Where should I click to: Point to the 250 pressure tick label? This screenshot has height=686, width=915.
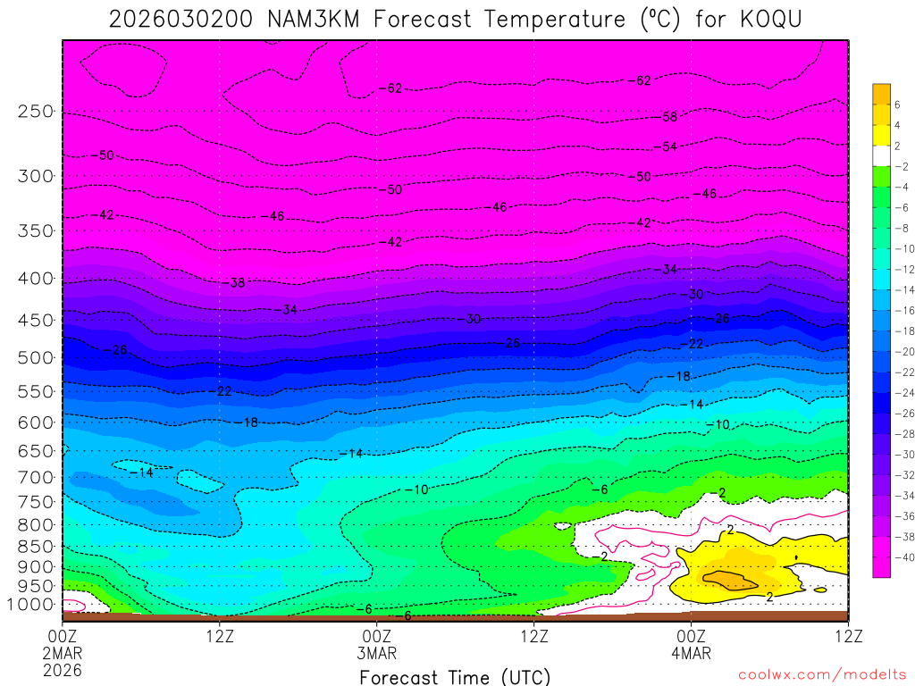coord(36,112)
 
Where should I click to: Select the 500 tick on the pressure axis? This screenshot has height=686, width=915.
coord(36,358)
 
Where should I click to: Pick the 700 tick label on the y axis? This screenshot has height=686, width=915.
coord(36,477)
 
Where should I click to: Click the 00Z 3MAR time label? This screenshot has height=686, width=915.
coord(377,644)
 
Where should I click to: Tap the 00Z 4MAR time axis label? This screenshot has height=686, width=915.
coord(691,644)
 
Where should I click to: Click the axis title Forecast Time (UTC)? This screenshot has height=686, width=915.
coord(455,677)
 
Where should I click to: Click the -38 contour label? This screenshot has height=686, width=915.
coord(235,283)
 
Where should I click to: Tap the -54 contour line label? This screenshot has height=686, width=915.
coord(666,146)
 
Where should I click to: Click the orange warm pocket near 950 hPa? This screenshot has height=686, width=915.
coord(731,579)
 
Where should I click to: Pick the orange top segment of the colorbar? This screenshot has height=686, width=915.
coord(881,94)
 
